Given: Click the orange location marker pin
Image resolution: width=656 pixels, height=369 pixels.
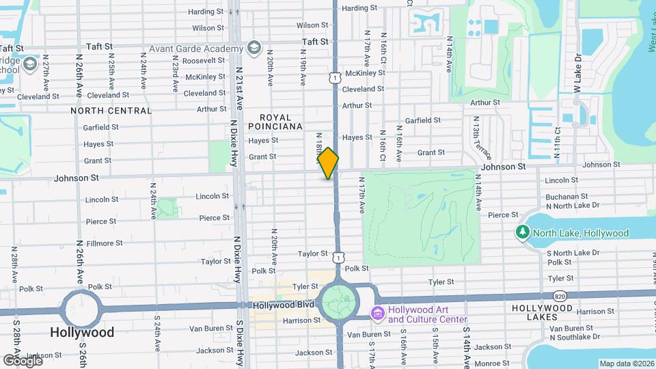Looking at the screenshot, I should [328, 163].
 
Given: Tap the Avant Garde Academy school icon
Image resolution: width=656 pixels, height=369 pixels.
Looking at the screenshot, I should [255, 48].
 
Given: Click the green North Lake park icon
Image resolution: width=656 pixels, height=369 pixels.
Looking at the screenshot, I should [523, 232].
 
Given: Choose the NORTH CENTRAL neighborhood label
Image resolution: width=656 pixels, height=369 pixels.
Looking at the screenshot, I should [111, 110].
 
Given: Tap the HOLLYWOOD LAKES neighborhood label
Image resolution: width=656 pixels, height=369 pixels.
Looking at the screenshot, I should [542, 308].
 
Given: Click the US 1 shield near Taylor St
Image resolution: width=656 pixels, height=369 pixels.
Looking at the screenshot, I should [339, 258].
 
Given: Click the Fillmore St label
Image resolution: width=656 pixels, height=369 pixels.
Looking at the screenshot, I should [105, 243].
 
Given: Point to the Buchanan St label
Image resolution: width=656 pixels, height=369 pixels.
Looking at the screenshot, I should [564, 195].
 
